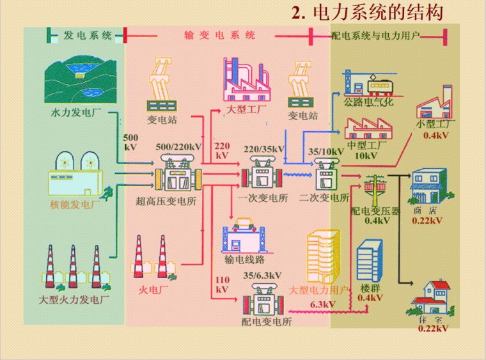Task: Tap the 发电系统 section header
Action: pyautogui.click(x=87, y=35)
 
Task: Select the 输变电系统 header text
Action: pyautogui.click(x=219, y=35)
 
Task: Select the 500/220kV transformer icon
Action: pyautogui.click(x=176, y=172)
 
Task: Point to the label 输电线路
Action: pyautogui.click(x=244, y=259)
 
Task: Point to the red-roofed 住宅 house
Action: pyautogui.click(x=429, y=297)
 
